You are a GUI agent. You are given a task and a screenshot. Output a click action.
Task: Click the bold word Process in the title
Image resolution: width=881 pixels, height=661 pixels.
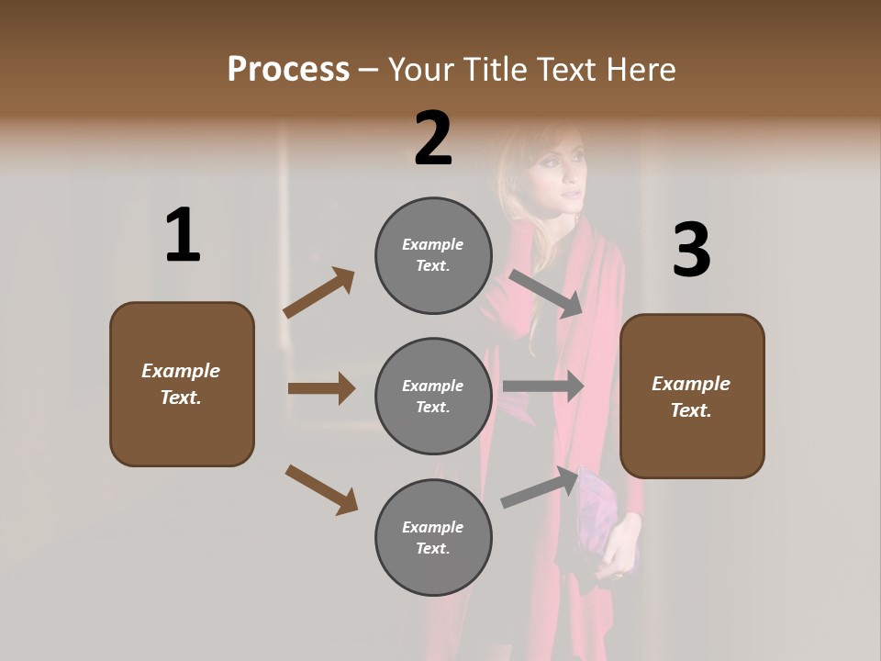tap(288, 69)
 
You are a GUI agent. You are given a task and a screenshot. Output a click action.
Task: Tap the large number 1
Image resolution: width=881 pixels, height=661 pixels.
tap(183, 235)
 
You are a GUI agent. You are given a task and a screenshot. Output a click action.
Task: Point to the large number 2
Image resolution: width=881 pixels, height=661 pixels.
tap(433, 139)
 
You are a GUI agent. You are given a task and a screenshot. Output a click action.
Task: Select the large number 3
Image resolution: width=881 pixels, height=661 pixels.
tap(691, 251)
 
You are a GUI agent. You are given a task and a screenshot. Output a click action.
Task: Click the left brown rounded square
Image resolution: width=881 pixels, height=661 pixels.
tap(182, 384)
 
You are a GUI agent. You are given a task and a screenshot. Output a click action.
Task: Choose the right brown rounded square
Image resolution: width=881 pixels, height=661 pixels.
tap(692, 396)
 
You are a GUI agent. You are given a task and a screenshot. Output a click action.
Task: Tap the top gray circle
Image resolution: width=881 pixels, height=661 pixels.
tap(433, 255)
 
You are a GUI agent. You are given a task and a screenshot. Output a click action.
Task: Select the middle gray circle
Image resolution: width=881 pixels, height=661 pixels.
tap(433, 396)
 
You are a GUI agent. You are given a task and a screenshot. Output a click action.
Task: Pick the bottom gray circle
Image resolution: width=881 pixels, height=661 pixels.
tap(433, 537)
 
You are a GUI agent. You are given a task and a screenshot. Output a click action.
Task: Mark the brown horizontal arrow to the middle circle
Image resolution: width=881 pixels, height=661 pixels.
tap(321, 388)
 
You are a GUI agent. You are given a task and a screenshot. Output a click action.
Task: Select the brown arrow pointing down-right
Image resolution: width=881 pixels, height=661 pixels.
tap(321, 489)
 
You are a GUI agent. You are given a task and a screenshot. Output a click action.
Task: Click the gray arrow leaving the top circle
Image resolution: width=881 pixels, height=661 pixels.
tap(546, 294)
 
